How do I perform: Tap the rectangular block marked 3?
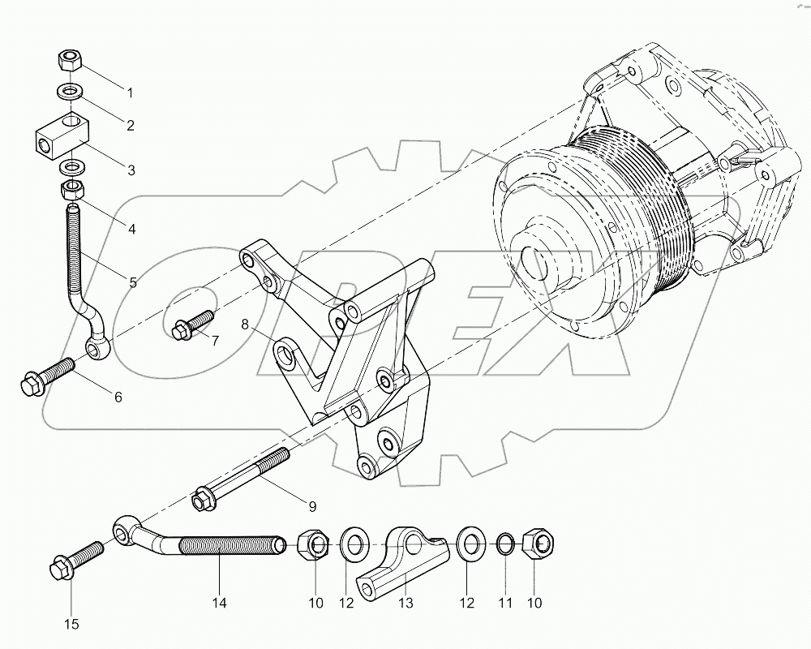tap(63, 133)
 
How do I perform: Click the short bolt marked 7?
tap(192, 324)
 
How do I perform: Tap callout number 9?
tap(311, 507)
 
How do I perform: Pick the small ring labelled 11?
tap(504, 545)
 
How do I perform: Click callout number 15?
tap(71, 623)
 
